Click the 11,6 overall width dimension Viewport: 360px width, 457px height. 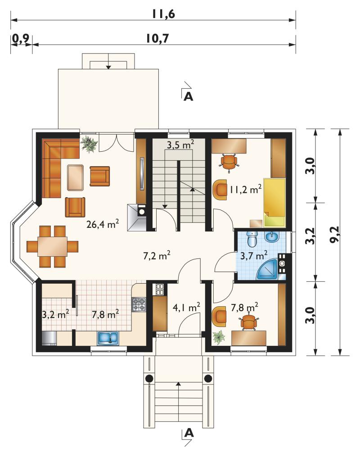coord(163,14)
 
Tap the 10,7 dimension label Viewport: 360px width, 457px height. coord(157,38)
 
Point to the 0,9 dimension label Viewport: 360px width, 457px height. coord(21,38)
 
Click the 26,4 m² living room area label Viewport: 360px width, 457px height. coord(103,224)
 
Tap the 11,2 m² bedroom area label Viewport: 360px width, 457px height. coord(245,190)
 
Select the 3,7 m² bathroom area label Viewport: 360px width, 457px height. coord(254,256)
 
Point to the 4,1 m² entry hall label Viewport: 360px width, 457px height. coord(186,307)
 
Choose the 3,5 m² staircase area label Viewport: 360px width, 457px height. coord(180,144)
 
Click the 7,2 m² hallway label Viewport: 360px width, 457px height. coord(157,256)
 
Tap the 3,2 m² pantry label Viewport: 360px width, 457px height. coord(55,314)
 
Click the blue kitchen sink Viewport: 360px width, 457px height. coord(108,338)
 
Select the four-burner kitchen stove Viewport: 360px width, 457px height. coord(139,304)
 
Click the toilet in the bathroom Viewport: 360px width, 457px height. coord(252,240)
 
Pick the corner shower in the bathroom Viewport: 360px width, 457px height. coord(268,269)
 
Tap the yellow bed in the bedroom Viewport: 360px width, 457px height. coord(274,202)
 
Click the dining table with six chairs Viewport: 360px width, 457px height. coord(53,246)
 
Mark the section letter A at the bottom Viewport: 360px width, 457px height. coord(189,433)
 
